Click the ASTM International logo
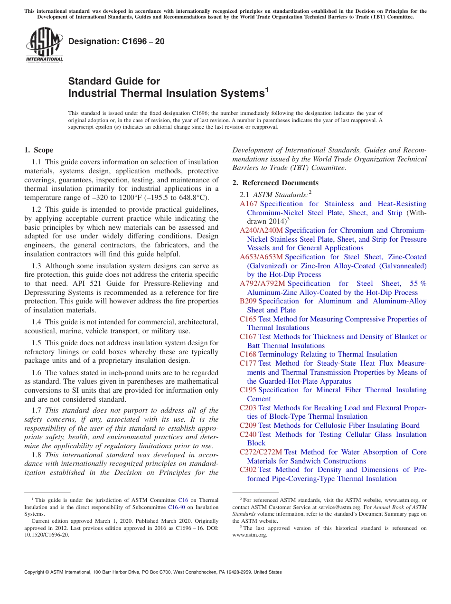pyautogui.click(x=44, y=45)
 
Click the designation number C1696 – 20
pyautogui.click(x=116, y=41)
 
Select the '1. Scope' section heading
pyautogui.click(x=39, y=150)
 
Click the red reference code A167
pyautogui.click(x=249, y=204)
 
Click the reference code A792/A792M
pyautogui.click(x=263, y=283)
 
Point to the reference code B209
pyautogui.click(x=248, y=301)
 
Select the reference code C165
pyautogui.click(x=248, y=319)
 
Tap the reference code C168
pyautogui.click(x=248, y=354)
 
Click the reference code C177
pyautogui.click(x=248, y=363)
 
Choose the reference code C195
pyautogui.click(x=248, y=390)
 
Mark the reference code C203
pyautogui.click(x=248, y=408)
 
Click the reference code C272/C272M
pyautogui.click(x=261, y=452)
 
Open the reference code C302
pyautogui.click(x=248, y=470)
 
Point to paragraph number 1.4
pyautogui.click(x=38, y=322)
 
